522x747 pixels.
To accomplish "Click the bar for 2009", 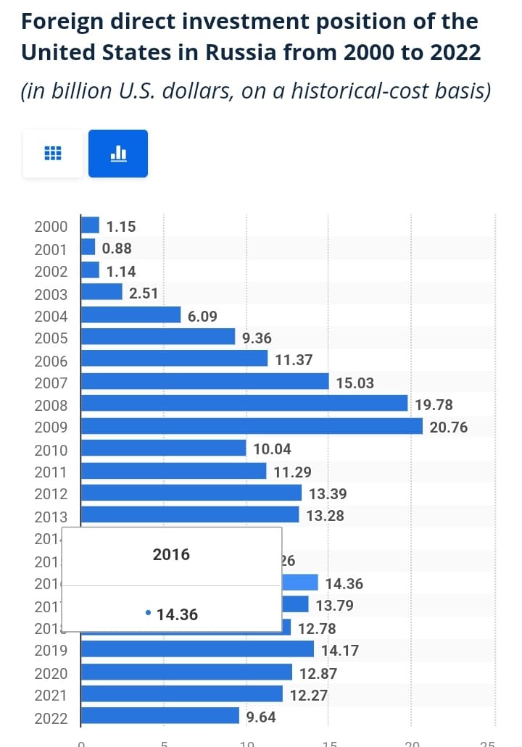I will coord(252,427).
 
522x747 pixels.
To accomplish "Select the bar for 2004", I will coord(130,315).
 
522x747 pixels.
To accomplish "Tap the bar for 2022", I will coord(159,717).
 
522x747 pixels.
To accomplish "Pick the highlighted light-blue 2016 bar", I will coord(299,583).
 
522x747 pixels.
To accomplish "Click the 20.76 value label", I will coord(449,427).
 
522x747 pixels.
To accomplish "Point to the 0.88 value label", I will coord(117,249).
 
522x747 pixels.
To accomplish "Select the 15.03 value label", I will coord(355,383).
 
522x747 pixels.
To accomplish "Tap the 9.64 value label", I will coord(261,717).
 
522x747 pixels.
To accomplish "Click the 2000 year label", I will coord(51,226).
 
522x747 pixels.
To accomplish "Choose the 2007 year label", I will coord(51,383).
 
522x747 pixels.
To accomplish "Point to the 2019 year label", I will coord(51,651).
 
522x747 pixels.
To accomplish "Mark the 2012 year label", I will coord(51,494).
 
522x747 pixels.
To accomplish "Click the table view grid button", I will coord(53,154).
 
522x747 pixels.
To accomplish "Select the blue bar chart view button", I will coord(118,154).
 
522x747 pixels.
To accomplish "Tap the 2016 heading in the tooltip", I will coord(171,554).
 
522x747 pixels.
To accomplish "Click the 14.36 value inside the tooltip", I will coord(177,614).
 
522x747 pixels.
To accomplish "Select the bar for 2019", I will coord(197,649).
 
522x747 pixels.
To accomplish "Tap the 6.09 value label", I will coord(202,316).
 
